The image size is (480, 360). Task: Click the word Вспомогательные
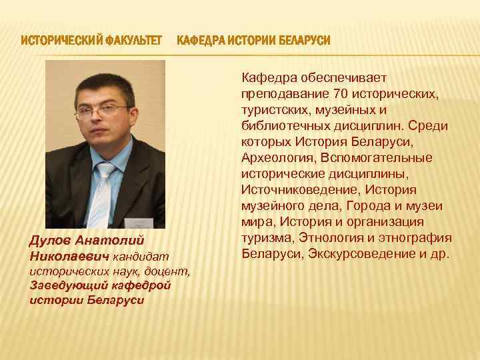click(376, 157)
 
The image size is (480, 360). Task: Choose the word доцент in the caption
click(172, 271)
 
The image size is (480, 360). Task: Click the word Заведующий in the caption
click(63, 285)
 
